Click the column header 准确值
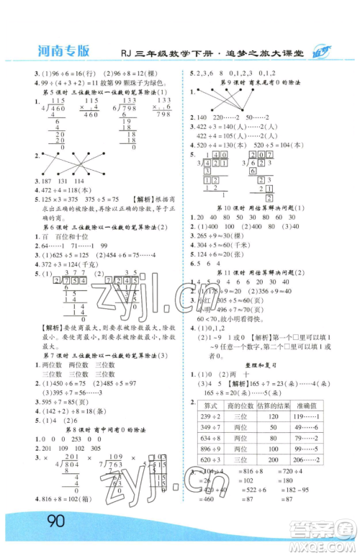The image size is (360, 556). [307, 406]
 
